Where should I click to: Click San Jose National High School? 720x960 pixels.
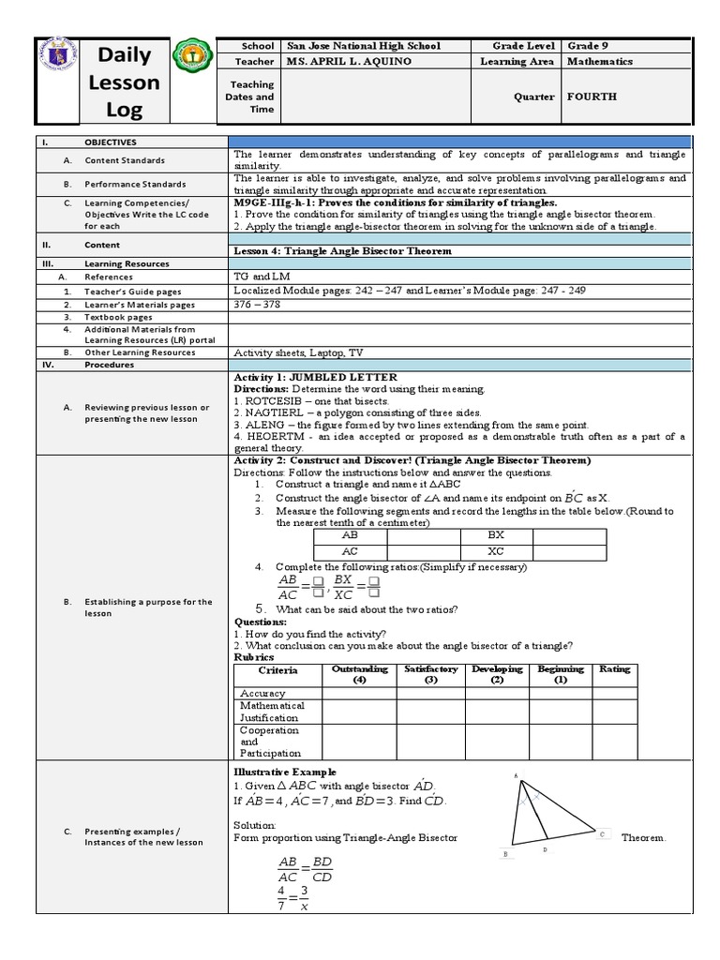[364, 46]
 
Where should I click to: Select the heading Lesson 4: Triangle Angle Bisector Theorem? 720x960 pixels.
[342, 251]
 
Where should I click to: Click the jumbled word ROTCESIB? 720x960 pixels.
[275, 400]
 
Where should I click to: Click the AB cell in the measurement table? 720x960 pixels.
[350, 534]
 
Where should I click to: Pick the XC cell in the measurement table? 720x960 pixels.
[496, 550]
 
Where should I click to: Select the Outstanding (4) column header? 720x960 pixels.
[359, 674]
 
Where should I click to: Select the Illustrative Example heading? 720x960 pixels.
[277, 772]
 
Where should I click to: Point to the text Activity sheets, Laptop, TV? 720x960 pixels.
[298, 352]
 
